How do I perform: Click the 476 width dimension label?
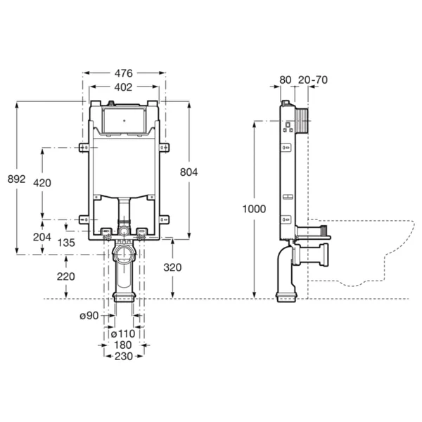pos(124,73)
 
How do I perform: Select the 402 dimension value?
pos(123,87)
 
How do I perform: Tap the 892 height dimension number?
pos(16,179)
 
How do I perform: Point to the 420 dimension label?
pos(42,183)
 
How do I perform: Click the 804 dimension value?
pos(189,172)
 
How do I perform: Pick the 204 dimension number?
pos(42,237)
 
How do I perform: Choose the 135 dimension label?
pos(66,243)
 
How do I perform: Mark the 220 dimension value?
pos(66,276)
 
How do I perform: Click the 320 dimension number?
pos(172,267)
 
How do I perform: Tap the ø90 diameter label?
pos(89,316)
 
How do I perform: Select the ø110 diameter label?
pos(123,334)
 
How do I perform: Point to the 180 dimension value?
pos(123,345)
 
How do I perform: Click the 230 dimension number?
pos(124,357)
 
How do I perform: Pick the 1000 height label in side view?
pos(255,209)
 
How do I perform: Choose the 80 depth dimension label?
pos(286,80)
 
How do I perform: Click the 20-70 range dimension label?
pos(313,80)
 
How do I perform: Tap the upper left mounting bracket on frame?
pos(84,148)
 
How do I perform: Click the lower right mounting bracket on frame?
pos(164,219)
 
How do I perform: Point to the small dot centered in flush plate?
pos(124,121)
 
